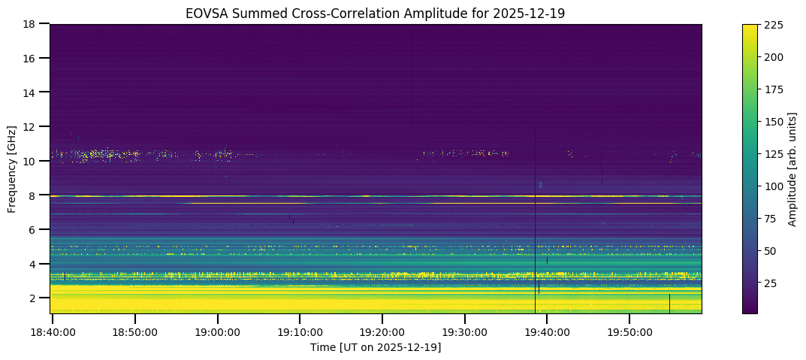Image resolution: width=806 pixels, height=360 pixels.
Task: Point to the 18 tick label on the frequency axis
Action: [32, 24]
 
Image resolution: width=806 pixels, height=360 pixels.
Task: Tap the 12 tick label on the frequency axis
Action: [32, 127]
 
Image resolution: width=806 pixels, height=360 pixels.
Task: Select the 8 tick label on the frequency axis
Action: [35, 195]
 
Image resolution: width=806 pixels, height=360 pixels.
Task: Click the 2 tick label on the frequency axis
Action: [35, 298]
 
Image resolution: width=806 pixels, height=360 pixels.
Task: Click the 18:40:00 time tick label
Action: [52, 331]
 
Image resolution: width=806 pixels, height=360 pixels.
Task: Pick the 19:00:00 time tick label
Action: [217, 331]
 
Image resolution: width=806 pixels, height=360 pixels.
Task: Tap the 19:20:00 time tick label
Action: [382, 331]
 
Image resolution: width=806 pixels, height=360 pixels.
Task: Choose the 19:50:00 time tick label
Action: [629, 331]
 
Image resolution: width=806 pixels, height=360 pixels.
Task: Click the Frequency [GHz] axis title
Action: [13, 169]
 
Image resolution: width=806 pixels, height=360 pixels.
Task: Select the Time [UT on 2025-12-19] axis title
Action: [376, 347]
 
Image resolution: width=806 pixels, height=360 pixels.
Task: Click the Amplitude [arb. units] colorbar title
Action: [792, 169]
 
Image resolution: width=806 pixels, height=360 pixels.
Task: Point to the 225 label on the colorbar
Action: [774, 25]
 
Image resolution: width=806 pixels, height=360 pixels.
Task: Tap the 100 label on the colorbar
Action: [774, 186]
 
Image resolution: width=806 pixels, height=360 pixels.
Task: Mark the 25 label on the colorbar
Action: [771, 283]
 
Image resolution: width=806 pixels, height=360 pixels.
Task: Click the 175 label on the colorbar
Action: [774, 89]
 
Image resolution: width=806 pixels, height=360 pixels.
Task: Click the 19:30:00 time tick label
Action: [464, 331]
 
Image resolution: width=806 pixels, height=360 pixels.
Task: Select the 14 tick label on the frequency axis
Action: [32, 92]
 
